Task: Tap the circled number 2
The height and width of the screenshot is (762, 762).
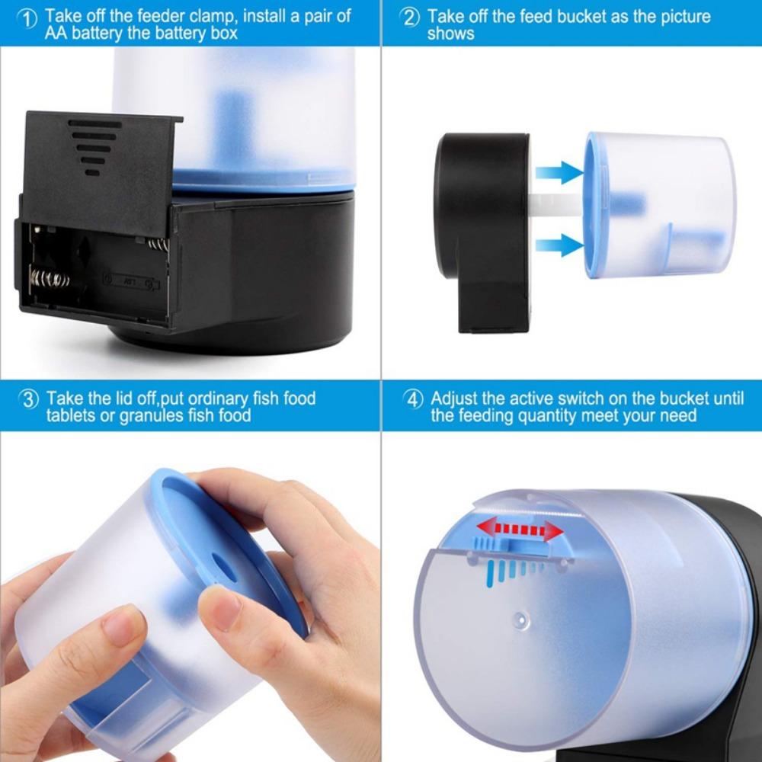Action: [411, 18]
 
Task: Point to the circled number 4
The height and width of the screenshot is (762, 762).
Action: [413, 400]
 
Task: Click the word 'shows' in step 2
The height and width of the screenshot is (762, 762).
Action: [451, 34]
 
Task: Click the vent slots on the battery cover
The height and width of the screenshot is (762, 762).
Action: [93, 147]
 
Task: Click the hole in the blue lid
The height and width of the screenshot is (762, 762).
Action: [224, 565]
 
